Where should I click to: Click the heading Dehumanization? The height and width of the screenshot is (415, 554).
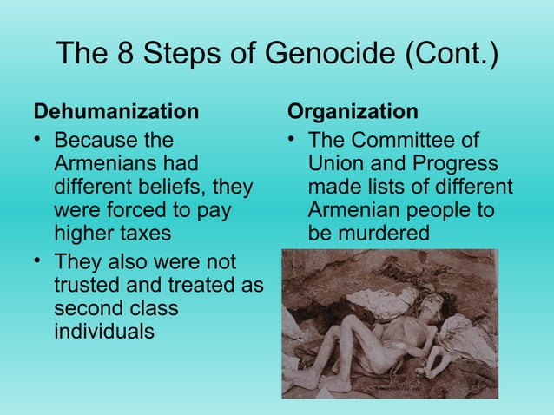[115, 112]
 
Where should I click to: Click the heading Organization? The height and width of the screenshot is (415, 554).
[353, 112]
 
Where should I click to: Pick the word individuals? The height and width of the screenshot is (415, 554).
[104, 331]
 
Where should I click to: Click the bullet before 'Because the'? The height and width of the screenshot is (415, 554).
[37, 140]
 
